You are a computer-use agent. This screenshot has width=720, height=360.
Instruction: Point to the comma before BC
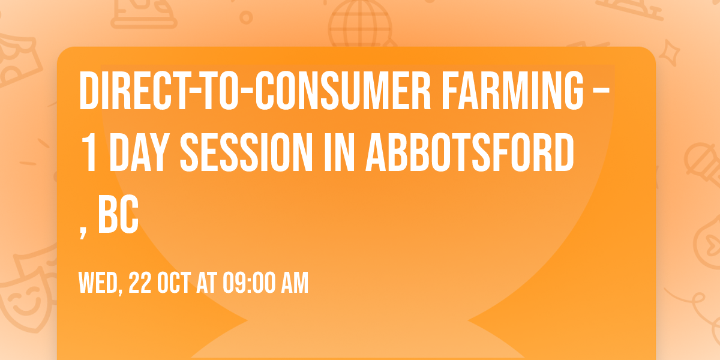point(83,231)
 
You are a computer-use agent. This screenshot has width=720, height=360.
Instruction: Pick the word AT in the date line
point(208,283)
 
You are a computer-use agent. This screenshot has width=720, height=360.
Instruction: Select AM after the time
point(293,283)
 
